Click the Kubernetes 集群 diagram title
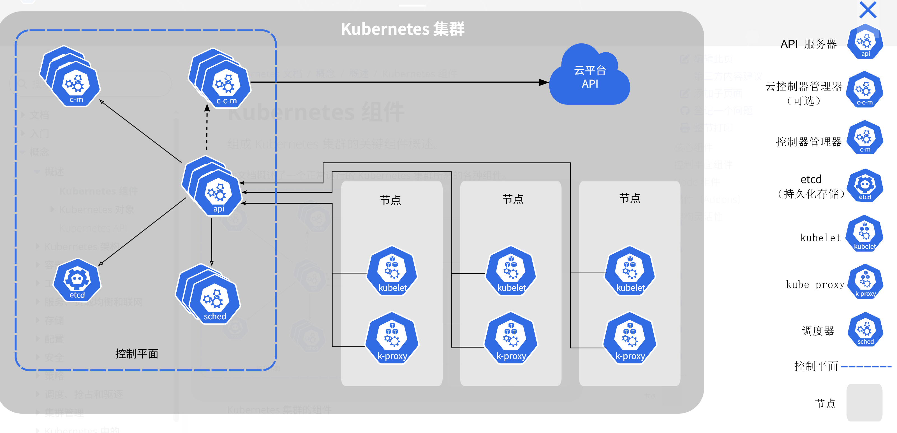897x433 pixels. click(402, 29)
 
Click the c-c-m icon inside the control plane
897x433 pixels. click(226, 85)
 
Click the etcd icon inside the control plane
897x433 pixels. click(77, 280)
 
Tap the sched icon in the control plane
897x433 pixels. click(214, 301)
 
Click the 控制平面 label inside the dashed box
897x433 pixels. click(137, 354)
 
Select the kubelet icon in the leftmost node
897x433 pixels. click(392, 271)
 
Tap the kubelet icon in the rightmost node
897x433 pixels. click(630, 271)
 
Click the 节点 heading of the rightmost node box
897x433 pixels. click(630, 198)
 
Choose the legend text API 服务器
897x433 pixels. click(808, 44)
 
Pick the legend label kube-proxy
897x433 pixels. click(815, 285)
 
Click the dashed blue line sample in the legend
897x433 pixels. click(866, 367)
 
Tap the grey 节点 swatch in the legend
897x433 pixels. click(864, 402)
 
